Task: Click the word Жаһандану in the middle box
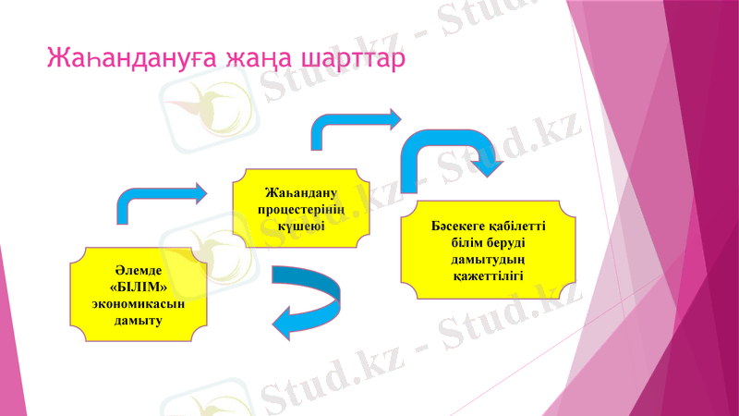tap(299, 193)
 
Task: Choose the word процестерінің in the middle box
tap(299, 210)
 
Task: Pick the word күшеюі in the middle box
tap(299, 226)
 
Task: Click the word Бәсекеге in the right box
tap(457, 226)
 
